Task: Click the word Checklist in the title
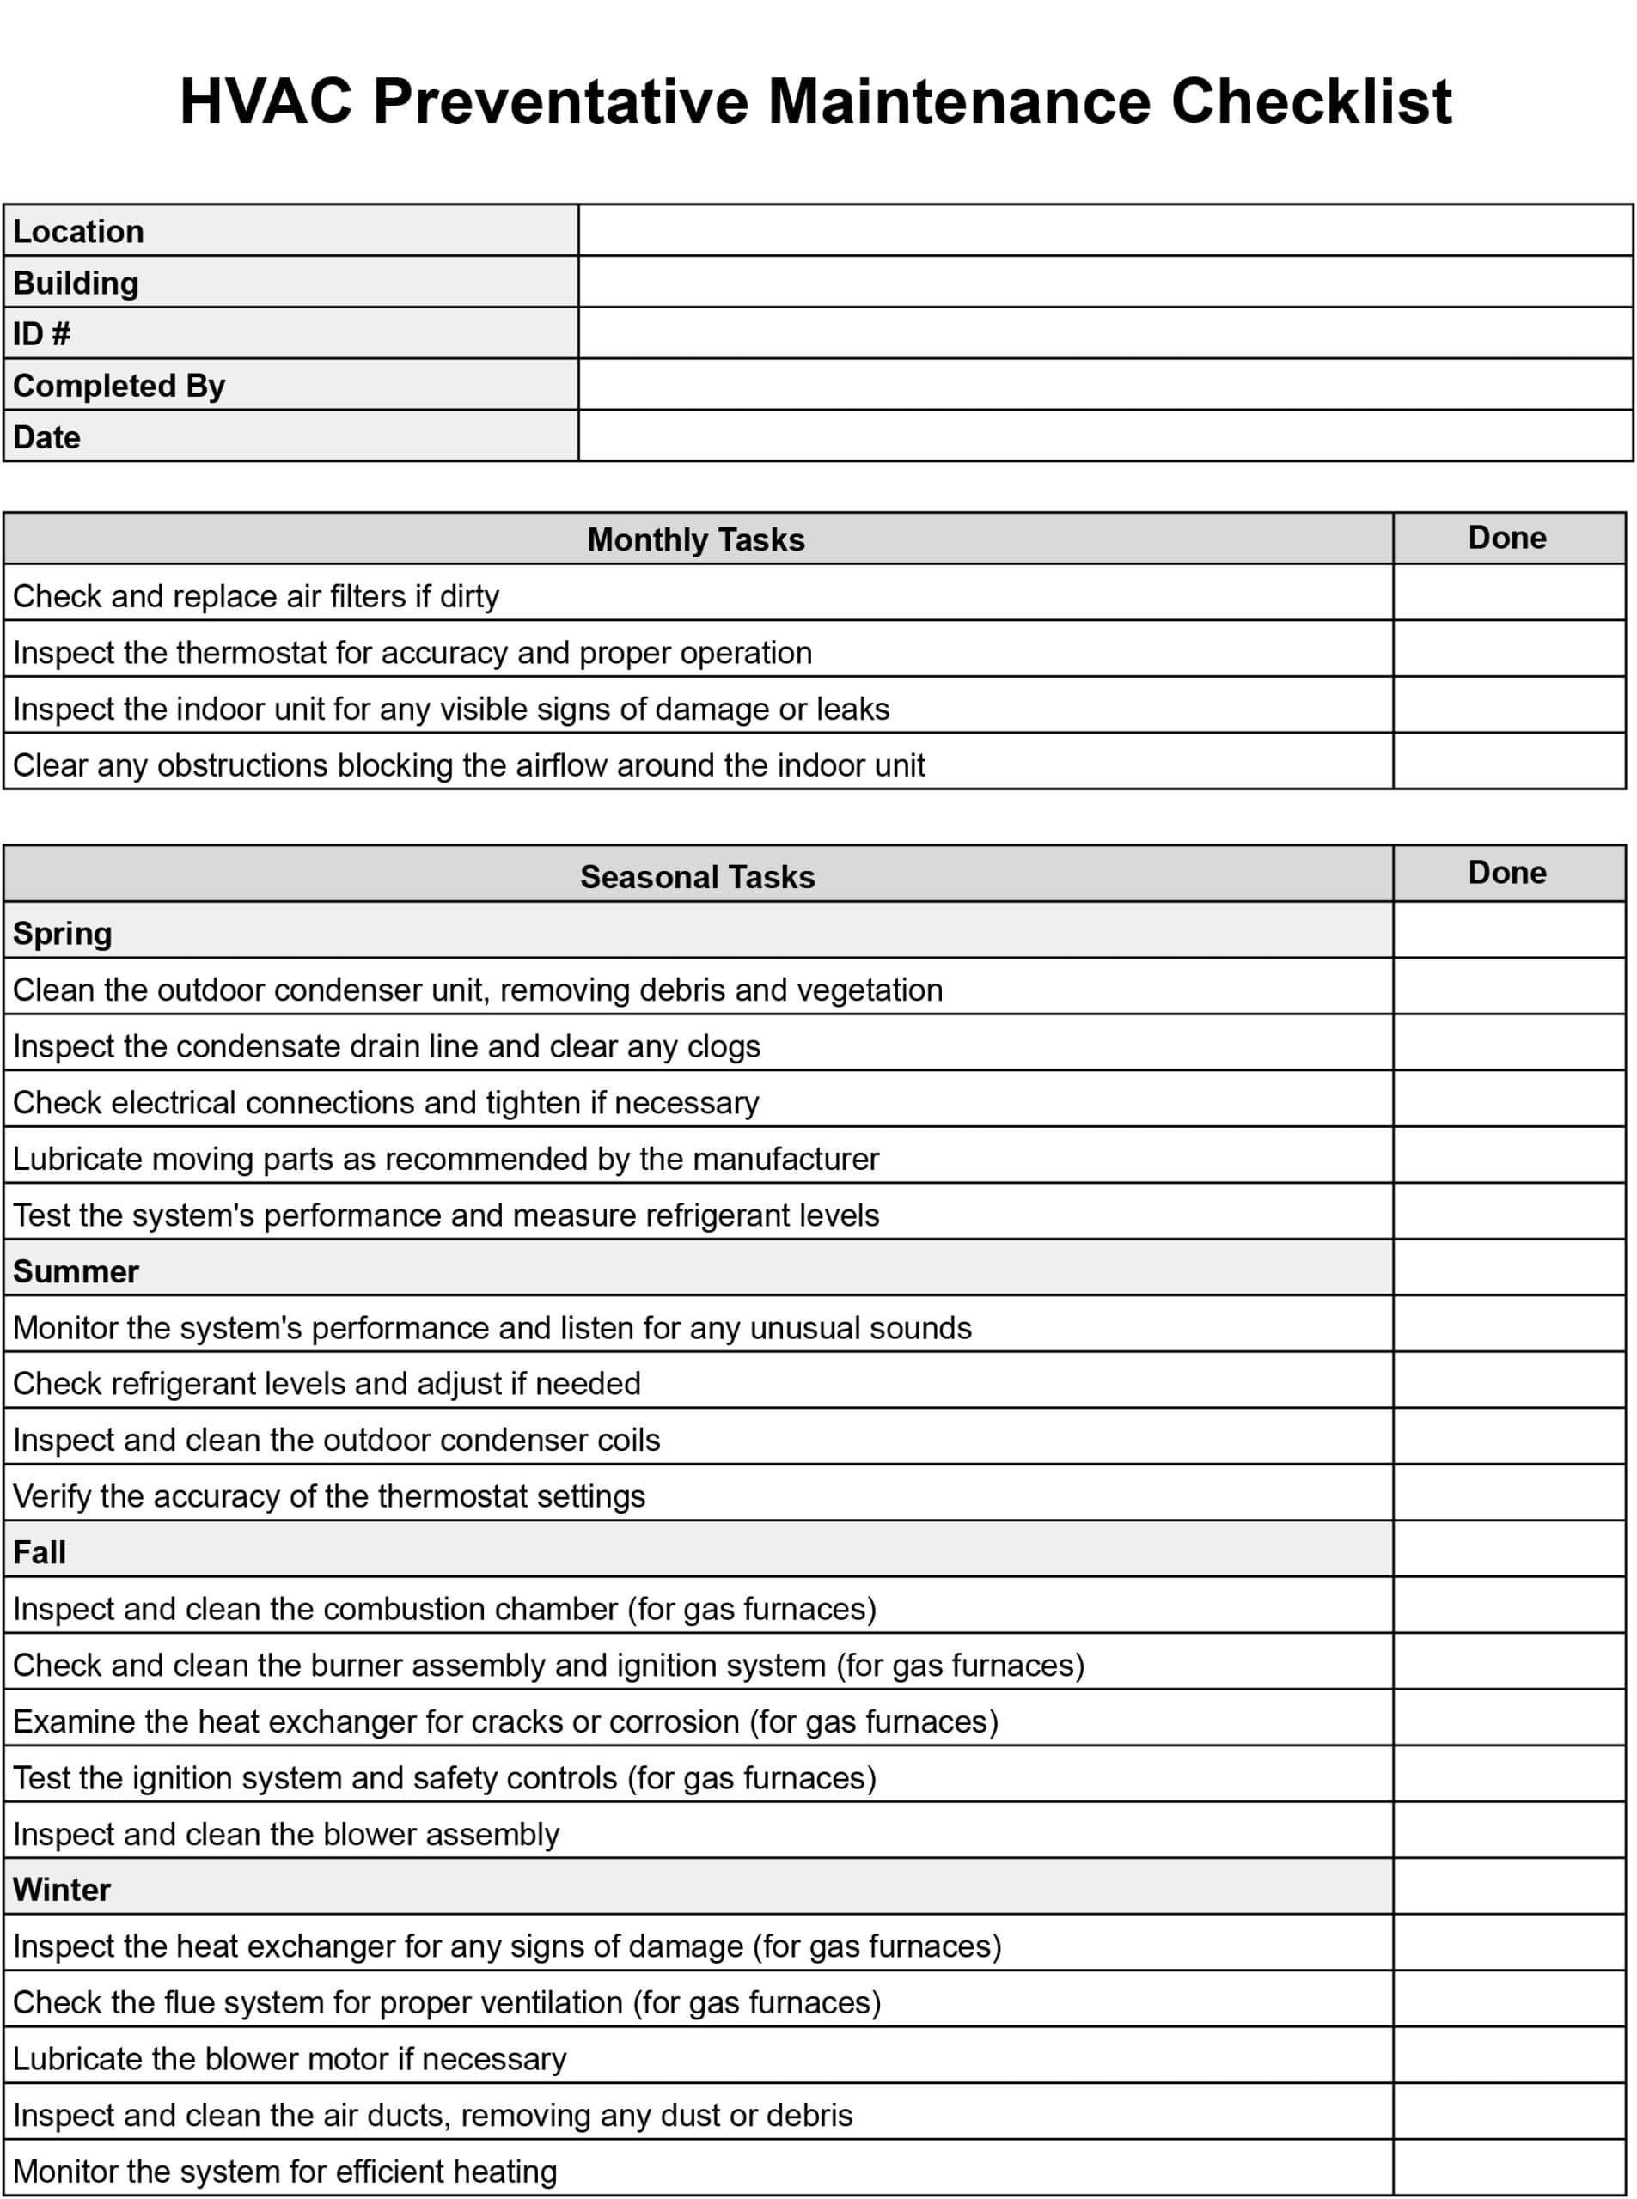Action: pos(1311,102)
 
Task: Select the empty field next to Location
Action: pos(1105,231)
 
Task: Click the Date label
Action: pos(46,437)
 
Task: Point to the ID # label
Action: pos(41,334)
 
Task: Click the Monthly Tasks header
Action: pos(696,539)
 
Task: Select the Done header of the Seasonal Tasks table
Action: pos(1506,873)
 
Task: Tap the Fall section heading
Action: pos(40,1552)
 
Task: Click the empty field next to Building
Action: pos(1105,283)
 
